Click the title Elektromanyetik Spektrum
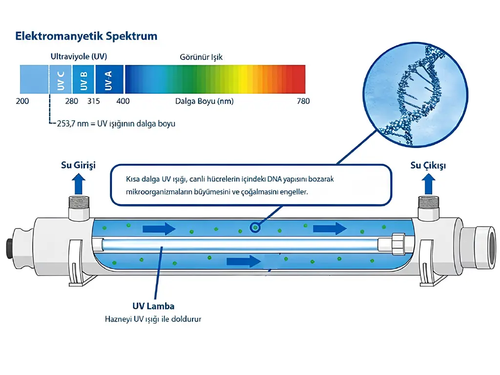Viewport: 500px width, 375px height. tap(86, 36)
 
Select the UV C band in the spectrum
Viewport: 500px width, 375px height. tap(60, 80)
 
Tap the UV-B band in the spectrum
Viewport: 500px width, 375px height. tap(83, 80)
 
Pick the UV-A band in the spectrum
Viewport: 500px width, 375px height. tap(109, 80)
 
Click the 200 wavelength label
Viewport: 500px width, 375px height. tap(22, 102)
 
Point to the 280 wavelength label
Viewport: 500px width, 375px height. tap(71, 102)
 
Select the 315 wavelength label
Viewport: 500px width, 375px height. tap(94, 102)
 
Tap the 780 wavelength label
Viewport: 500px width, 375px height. tap(303, 102)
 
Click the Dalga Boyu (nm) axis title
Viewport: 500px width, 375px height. tap(205, 102)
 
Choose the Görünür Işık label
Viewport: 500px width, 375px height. tap(201, 57)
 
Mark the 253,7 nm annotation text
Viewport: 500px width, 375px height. tap(116, 124)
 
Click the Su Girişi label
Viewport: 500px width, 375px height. tap(79, 165)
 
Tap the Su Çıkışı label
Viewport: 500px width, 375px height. tap(428, 165)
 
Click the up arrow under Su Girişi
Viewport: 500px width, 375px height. tap(79, 184)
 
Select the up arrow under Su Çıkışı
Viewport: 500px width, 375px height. tap(429, 184)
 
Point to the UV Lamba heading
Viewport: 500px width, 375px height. tap(153, 306)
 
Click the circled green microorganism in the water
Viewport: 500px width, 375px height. tap(255, 228)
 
